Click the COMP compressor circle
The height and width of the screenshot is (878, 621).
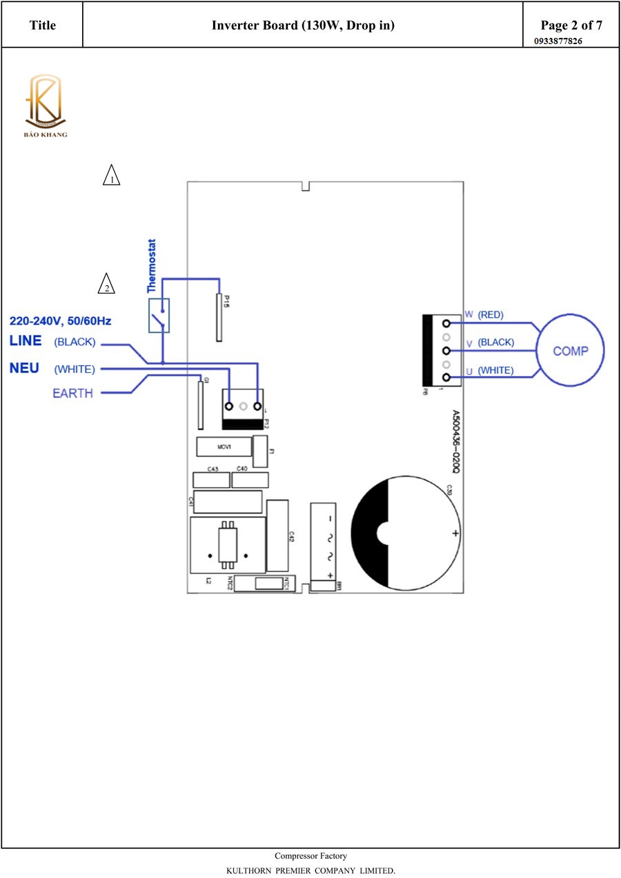[x=570, y=351]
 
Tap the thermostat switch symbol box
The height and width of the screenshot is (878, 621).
[x=159, y=316]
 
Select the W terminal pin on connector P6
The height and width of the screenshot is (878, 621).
[x=446, y=323]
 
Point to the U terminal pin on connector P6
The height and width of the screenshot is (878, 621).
[x=446, y=377]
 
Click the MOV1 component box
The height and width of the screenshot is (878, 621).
[x=224, y=447]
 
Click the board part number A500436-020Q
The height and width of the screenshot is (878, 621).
[x=455, y=442]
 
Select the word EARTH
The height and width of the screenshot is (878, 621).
[x=72, y=394]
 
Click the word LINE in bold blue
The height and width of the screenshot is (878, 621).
[x=26, y=341]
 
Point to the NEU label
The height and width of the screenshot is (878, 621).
[x=24, y=369]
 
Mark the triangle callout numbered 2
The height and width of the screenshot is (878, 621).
[x=106, y=285]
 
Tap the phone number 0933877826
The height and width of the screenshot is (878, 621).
[x=558, y=41]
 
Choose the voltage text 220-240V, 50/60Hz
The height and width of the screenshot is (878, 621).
[x=60, y=321]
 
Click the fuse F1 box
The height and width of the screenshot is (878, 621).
[x=260, y=451]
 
